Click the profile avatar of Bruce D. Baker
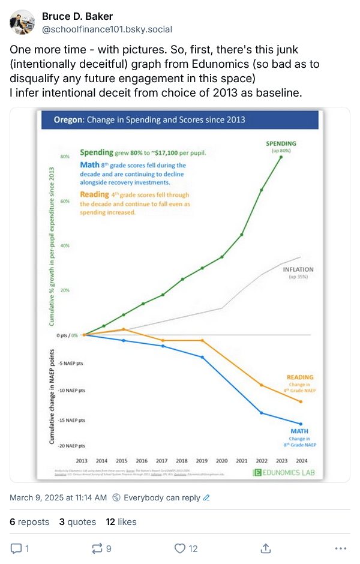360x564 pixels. pos(22,22)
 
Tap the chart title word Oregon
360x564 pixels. pos(68,120)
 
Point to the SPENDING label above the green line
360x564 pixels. pos(281,144)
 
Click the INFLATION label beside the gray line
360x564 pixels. pos(298,270)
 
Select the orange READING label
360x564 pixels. pos(300,377)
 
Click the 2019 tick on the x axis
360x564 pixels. pos(202,461)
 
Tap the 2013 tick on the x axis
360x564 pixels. pos(82,461)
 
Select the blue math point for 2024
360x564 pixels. pos(301,424)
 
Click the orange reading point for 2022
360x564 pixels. pos(261,385)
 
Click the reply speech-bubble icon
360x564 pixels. pos(17,548)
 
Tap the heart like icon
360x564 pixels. pos(179,548)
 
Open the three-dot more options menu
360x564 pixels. pos(340,548)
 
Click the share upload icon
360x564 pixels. pos(265,548)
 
